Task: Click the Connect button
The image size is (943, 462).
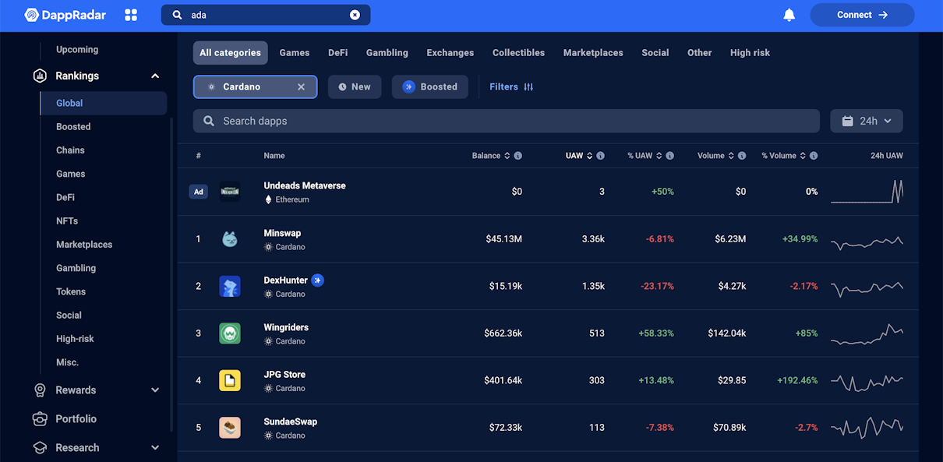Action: tap(862, 15)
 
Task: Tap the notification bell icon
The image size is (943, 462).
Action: tap(789, 15)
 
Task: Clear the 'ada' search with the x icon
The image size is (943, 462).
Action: tap(355, 15)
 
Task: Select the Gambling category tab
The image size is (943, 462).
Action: tap(387, 53)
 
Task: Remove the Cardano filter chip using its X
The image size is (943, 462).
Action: tap(301, 86)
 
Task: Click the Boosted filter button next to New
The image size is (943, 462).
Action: tap(430, 86)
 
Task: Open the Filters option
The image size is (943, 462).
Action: tap(511, 86)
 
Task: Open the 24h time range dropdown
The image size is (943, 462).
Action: tap(867, 122)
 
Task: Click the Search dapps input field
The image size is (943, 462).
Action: tap(506, 122)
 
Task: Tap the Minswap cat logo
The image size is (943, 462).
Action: tap(230, 239)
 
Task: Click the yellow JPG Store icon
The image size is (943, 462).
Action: tap(230, 380)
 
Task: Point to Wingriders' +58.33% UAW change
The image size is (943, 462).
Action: tap(656, 333)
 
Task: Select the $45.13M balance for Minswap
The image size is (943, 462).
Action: tap(504, 239)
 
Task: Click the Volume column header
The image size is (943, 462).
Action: tap(711, 156)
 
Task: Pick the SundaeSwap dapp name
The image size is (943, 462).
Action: tap(291, 421)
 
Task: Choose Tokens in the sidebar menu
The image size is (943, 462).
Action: tap(71, 291)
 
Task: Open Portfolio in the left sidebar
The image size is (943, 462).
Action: tap(76, 418)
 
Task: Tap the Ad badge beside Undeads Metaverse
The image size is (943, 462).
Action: tap(198, 192)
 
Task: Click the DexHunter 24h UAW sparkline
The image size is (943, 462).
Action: tap(867, 288)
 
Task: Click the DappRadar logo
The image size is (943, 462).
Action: tap(65, 15)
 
